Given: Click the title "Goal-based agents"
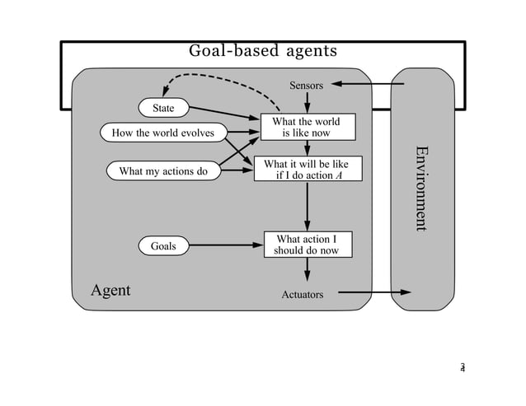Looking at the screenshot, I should pos(263,51).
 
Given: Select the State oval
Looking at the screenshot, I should pos(163,108).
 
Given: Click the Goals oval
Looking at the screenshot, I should pos(163,245).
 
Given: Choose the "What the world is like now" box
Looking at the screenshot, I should pos(306,127).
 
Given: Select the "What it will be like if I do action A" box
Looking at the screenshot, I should pos(306,170).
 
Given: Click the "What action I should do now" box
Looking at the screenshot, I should pos(306,245).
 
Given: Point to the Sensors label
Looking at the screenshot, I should pos(306,85).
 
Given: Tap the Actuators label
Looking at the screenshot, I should pos(303,294).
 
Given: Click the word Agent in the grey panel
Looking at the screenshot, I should pos(110,291).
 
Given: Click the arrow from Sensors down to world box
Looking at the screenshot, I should pos(308,101).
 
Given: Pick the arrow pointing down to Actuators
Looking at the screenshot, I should pos(308,269).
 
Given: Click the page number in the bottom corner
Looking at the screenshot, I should pos(463,367).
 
